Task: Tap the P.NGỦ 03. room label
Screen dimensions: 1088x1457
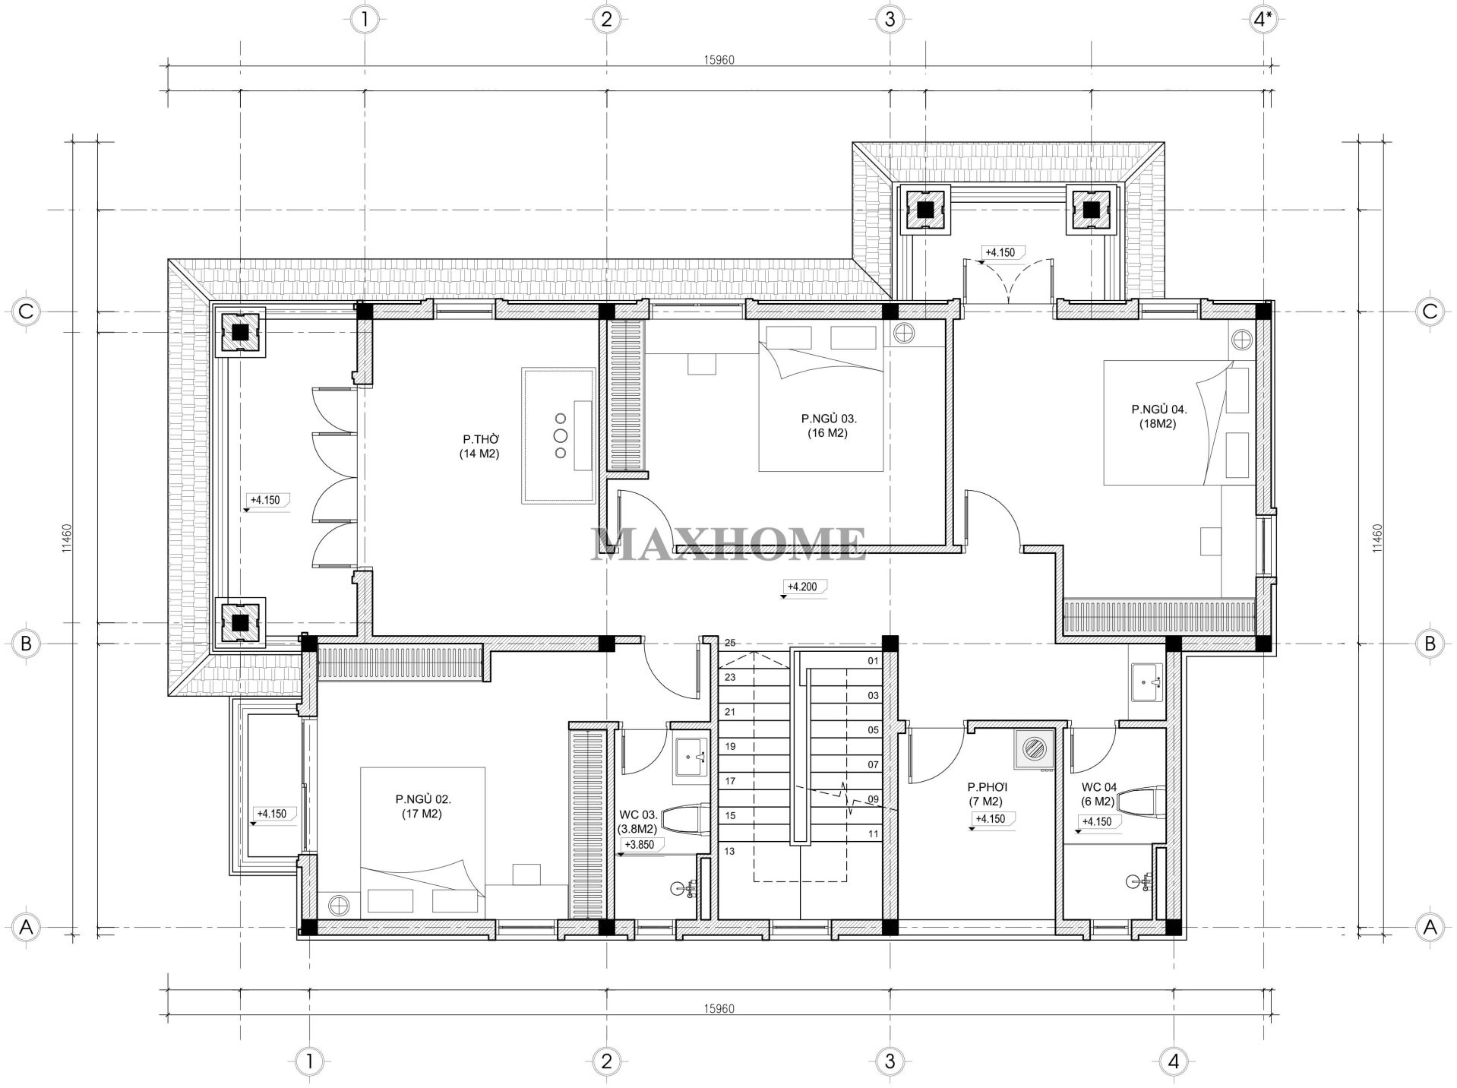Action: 828,425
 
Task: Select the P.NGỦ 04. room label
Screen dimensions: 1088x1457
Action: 1158,416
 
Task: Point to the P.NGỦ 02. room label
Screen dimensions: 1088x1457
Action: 422,806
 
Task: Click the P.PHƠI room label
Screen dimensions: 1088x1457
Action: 986,794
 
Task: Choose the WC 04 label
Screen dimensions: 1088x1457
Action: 1098,794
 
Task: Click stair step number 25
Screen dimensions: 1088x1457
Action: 729,643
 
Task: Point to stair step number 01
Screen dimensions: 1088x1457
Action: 873,661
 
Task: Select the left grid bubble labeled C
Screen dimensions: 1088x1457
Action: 26,311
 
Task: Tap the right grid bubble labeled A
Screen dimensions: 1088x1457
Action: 1429,927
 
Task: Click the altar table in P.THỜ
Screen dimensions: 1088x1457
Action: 558,435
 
